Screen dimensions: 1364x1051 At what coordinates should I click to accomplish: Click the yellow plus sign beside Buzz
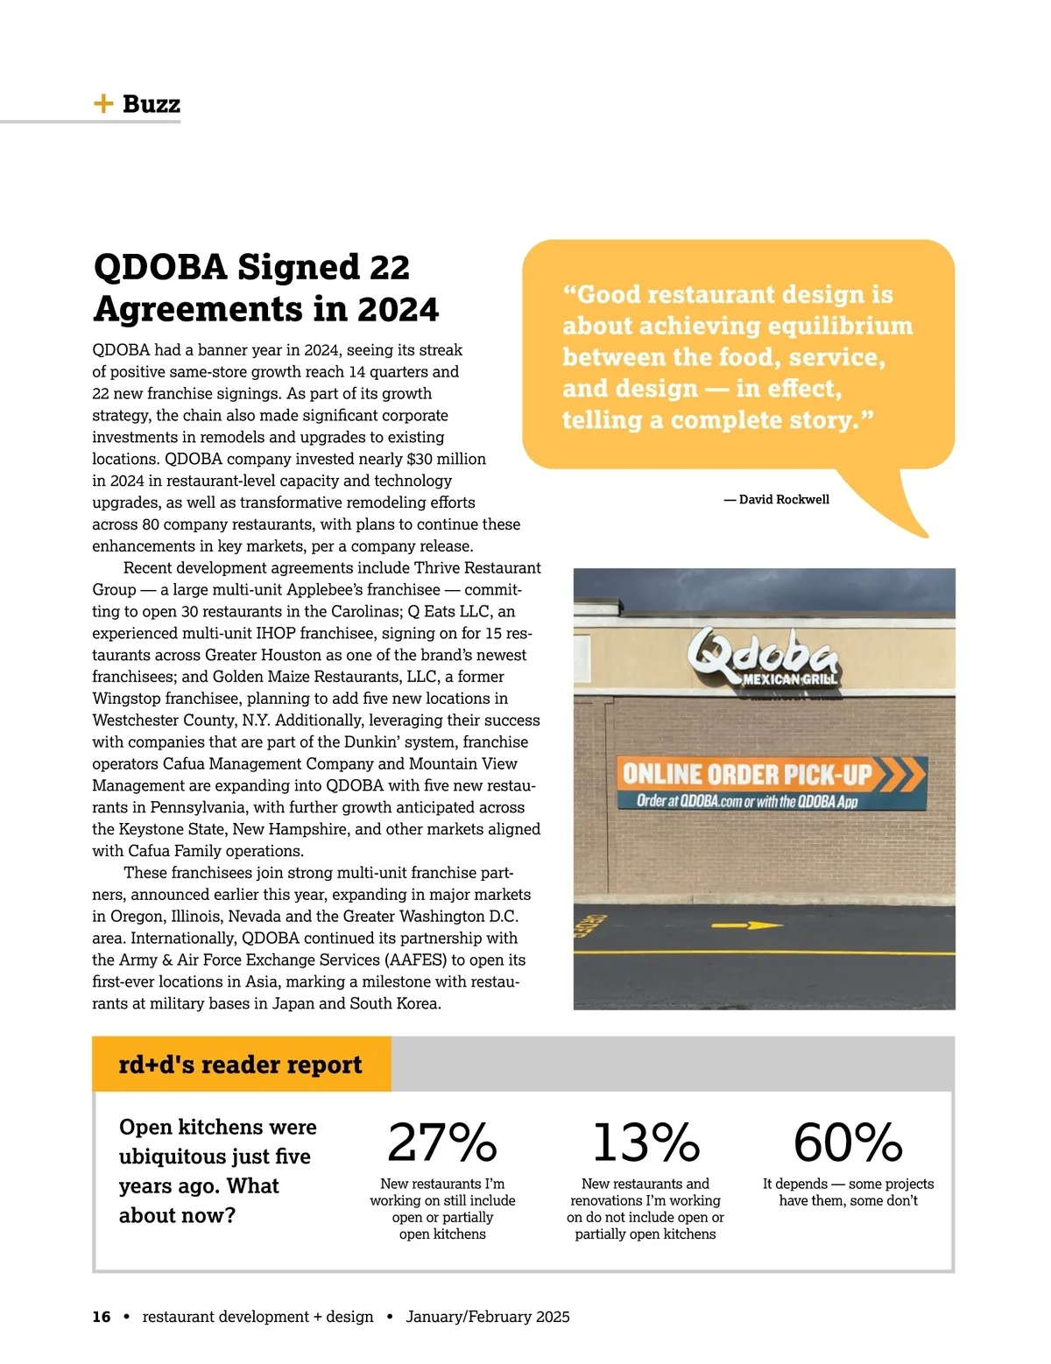pos(103,104)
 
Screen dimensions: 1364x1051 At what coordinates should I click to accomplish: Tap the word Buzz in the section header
pos(152,104)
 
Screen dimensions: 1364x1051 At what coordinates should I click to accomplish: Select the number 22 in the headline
pos(389,268)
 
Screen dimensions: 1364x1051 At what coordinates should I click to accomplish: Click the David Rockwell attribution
pos(777,499)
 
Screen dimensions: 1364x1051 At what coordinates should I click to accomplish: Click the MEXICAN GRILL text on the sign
pos(790,679)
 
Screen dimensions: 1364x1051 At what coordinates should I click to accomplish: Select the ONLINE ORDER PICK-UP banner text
pos(746,774)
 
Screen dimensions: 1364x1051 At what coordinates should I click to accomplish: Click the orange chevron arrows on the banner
pos(900,774)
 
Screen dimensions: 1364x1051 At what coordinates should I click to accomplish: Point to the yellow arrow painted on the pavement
pos(745,925)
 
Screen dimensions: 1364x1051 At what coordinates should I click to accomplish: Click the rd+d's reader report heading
pos(240,1065)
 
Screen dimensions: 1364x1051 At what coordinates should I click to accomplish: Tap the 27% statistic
pos(442,1143)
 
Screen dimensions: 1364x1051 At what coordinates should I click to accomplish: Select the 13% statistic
pos(645,1143)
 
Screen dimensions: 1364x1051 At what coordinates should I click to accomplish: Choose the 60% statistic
pos(848,1143)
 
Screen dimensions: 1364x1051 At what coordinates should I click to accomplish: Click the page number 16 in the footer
pos(102,1317)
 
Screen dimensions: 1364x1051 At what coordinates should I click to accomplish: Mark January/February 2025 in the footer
pos(488,1317)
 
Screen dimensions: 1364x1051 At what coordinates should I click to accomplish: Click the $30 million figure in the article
pos(447,459)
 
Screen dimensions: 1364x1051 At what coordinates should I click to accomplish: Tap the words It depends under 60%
pos(794,1184)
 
